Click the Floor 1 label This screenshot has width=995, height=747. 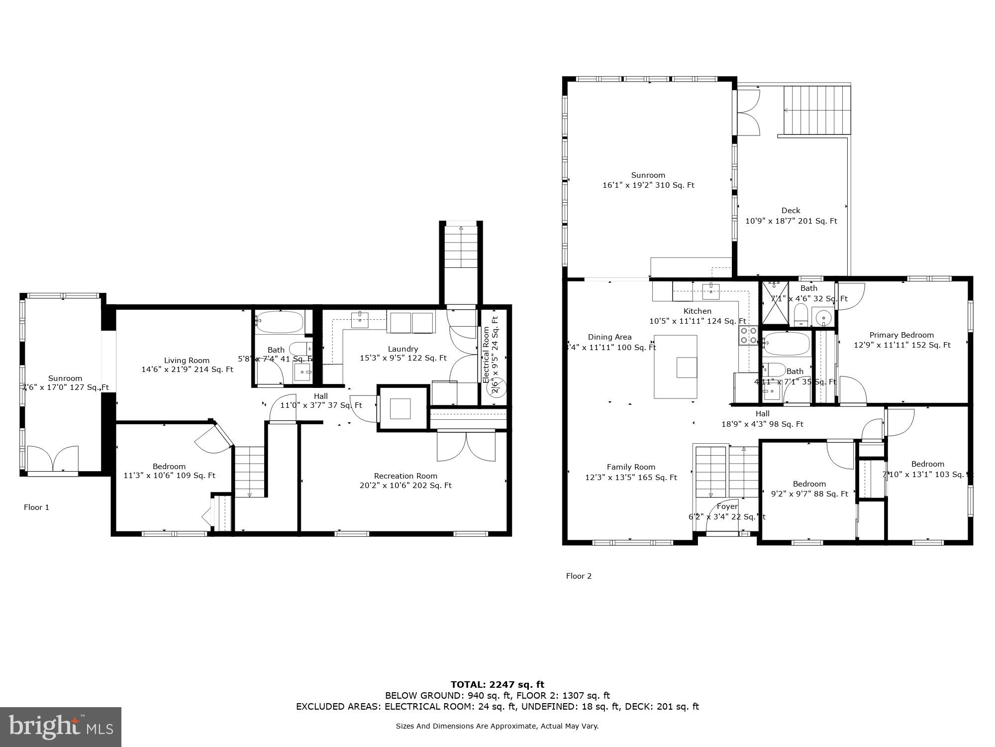[36, 507]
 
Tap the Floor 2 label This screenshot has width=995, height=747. [579, 576]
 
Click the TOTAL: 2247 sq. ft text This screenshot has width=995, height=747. [497, 684]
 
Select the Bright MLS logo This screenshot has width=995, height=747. [60, 727]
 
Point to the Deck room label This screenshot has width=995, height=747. [791, 211]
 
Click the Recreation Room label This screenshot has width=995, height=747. [405, 476]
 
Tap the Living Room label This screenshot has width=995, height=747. [187, 360]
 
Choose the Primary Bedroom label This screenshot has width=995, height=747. [901, 335]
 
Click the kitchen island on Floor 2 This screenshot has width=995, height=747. [675, 367]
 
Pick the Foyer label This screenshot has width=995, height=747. [727, 506]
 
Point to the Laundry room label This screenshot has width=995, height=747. [402, 349]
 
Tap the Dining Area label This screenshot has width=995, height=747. [609, 337]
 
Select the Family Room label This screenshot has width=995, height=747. [631, 467]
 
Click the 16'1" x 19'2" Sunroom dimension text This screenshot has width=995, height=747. [648, 185]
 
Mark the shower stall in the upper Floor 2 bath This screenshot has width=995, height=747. [775, 302]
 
